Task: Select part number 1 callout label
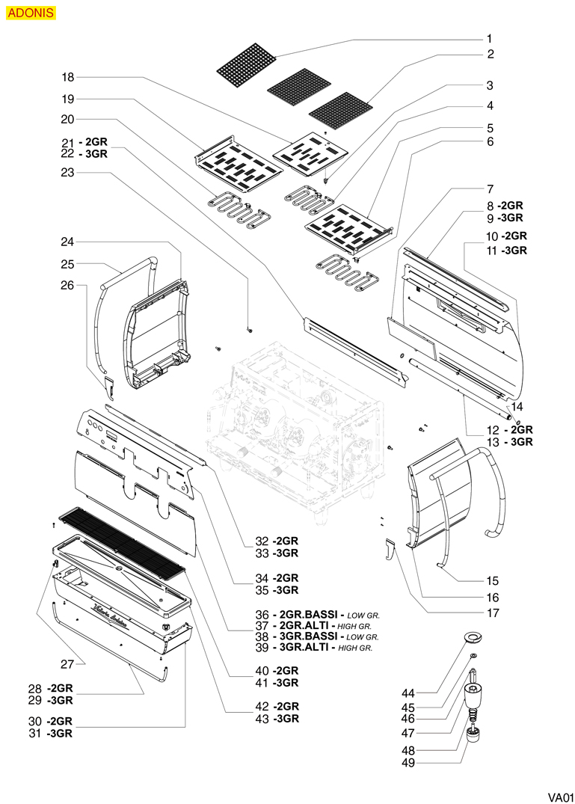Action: (x=490, y=38)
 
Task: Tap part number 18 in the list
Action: (x=68, y=77)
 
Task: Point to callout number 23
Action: (x=68, y=173)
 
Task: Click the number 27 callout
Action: (x=68, y=663)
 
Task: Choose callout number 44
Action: (x=428, y=693)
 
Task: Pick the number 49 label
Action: (x=428, y=764)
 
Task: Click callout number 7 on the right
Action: (x=490, y=188)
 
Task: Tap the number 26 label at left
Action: (x=68, y=285)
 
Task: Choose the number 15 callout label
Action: (x=493, y=580)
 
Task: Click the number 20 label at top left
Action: (x=68, y=119)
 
